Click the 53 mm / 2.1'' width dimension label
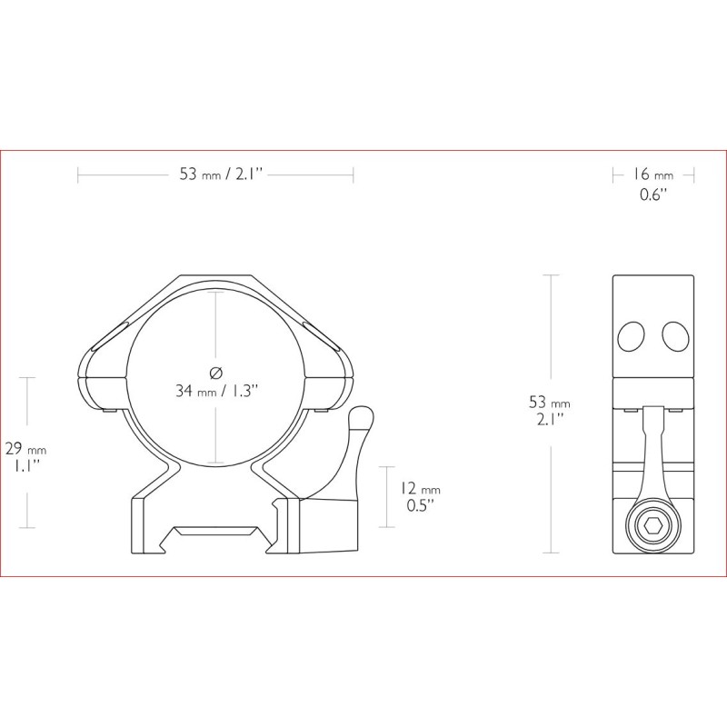221,174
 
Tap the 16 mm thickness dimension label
652,174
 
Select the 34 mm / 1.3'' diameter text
216,391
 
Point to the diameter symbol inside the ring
216,373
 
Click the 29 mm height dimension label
25,449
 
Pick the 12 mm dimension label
420,489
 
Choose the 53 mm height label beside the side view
550,402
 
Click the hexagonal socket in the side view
653,525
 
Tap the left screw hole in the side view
632,336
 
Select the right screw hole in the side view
675,336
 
